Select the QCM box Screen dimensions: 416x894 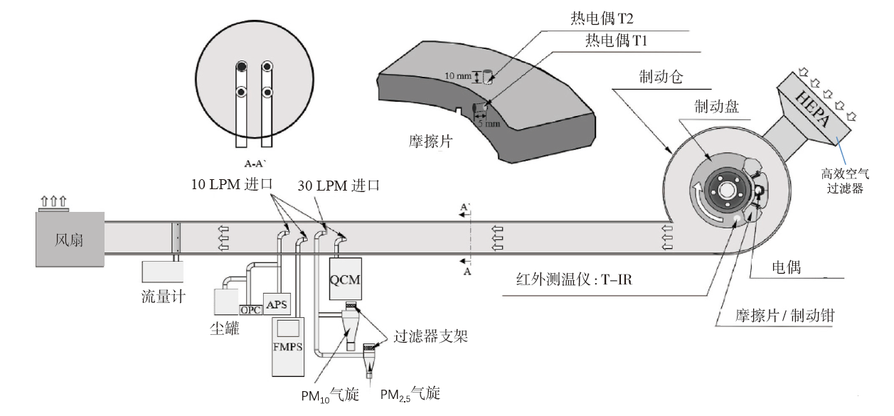click(x=346, y=277)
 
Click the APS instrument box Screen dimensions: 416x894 click(x=277, y=304)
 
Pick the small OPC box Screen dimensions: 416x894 click(x=250, y=310)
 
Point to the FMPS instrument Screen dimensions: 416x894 click(x=288, y=346)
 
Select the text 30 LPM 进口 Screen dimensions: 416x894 click(x=339, y=185)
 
